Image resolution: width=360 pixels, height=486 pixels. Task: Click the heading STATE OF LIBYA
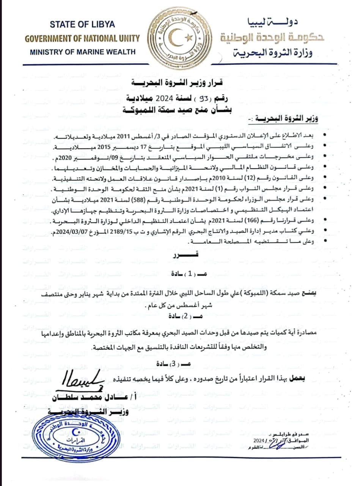coord(82,25)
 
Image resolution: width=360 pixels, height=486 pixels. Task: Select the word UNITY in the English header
coord(126,38)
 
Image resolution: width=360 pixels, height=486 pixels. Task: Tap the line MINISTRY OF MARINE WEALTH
coord(82,52)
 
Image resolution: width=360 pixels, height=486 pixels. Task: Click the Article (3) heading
coord(179,363)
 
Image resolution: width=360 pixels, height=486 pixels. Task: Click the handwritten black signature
coord(82,379)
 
